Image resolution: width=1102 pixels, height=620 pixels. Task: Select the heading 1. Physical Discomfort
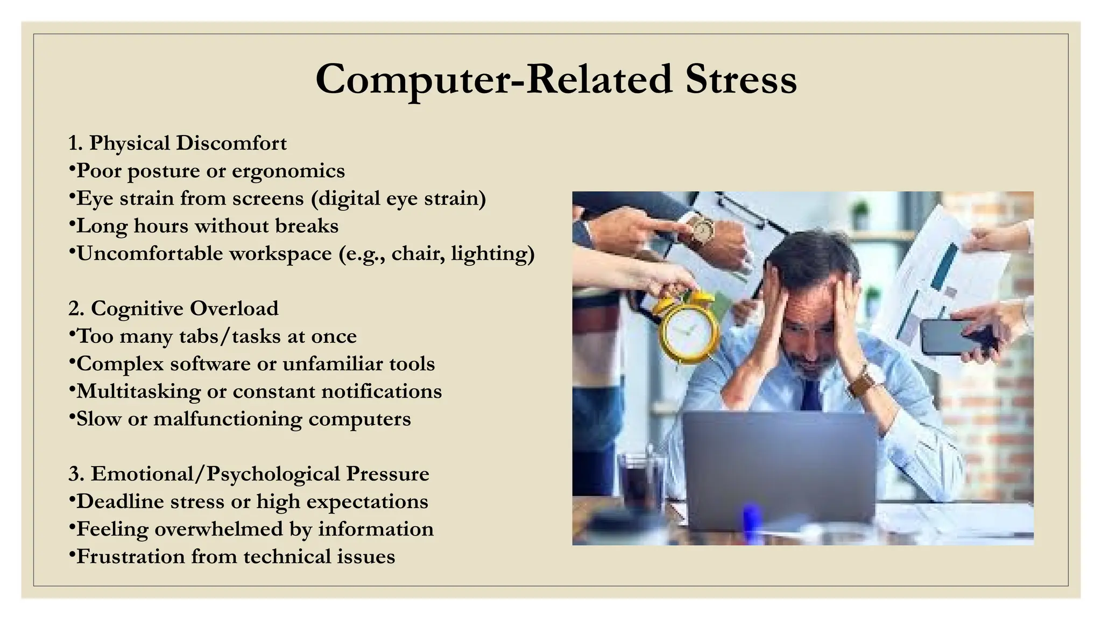click(178, 143)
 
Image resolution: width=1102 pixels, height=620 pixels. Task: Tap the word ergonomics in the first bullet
click(288, 171)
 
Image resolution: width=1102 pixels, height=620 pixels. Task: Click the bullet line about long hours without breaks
click(207, 226)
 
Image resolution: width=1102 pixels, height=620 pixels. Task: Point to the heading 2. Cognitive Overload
click(173, 308)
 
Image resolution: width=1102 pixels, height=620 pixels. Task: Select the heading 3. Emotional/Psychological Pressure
click(249, 474)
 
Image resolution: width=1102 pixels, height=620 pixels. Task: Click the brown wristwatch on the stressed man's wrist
click(865, 381)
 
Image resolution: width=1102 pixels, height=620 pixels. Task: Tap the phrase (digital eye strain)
click(398, 199)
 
